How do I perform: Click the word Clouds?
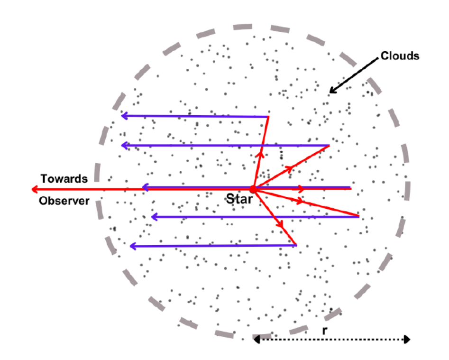click(400, 56)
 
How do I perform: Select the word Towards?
click(64, 179)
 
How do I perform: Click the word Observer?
click(64, 201)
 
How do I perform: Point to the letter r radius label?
click(324, 331)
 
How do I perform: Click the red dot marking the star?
click(253, 189)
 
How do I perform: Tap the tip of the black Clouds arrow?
click(330, 92)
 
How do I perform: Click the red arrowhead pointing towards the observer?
click(35, 189)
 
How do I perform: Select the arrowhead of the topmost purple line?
click(124, 116)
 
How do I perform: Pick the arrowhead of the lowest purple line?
click(133, 246)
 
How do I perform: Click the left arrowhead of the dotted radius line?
click(257, 340)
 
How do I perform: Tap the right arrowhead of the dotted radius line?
click(407, 340)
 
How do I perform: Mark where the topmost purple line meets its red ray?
click(268, 117)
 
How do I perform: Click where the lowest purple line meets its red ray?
click(296, 245)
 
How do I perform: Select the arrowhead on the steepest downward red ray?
click(280, 224)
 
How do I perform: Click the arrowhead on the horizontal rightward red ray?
click(301, 189)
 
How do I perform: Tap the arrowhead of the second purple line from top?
click(125, 146)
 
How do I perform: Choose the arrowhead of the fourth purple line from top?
click(155, 217)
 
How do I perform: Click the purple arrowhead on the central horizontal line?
click(145, 188)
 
